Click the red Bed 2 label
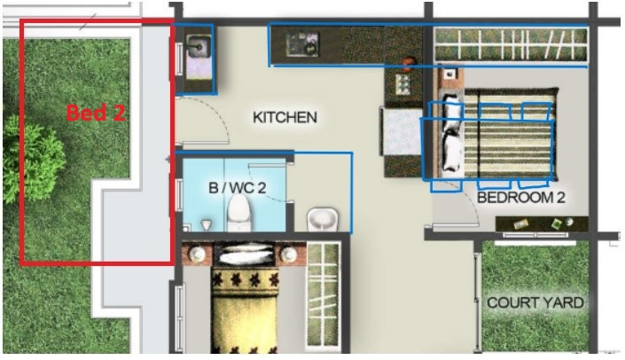96,113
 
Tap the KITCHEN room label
285,118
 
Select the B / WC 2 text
238,188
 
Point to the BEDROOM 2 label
521,198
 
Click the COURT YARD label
535,302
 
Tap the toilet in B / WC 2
238,213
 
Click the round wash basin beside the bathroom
323,219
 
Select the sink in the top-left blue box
198,47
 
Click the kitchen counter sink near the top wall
302,44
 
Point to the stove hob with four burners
402,84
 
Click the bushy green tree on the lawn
33,159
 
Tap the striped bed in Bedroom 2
498,134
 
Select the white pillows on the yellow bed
244,254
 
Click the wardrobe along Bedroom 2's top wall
512,44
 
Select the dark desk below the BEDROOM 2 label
542,224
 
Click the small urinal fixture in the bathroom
206,225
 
